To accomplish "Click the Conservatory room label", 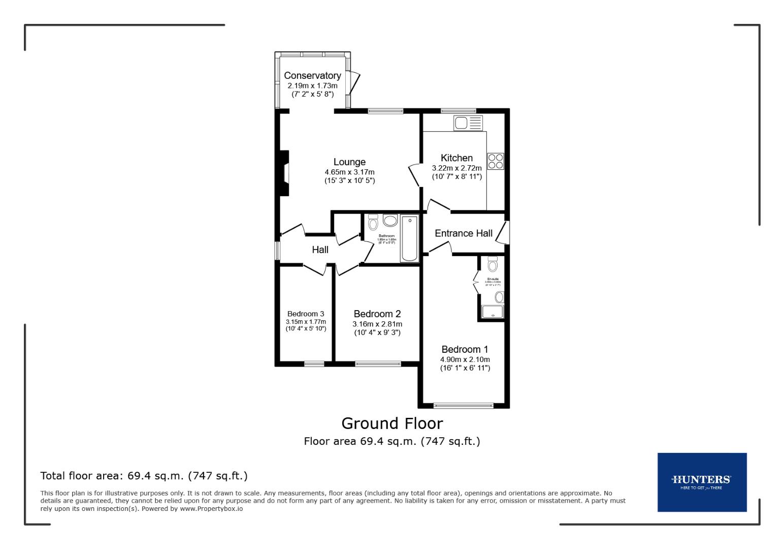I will click(x=312, y=76).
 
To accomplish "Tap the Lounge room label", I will click(x=349, y=162).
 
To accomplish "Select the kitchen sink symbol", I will click(x=468, y=123).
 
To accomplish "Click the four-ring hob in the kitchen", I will click(x=496, y=161).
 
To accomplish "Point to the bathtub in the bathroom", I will click(x=409, y=238).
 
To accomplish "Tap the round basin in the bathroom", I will click(x=390, y=221).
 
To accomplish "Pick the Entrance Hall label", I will click(x=464, y=233).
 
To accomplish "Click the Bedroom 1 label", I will click(x=465, y=349).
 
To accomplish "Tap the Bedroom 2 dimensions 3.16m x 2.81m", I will click(x=377, y=324).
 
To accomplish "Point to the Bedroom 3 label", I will click(x=306, y=314).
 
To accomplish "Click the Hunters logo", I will click(x=702, y=482).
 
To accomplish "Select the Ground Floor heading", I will click(x=392, y=423).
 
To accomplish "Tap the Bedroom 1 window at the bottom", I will click(x=464, y=406).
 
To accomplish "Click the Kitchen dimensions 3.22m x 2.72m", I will click(x=456, y=168).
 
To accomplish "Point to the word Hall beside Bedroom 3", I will click(x=320, y=250).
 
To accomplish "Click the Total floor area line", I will click(x=144, y=476).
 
